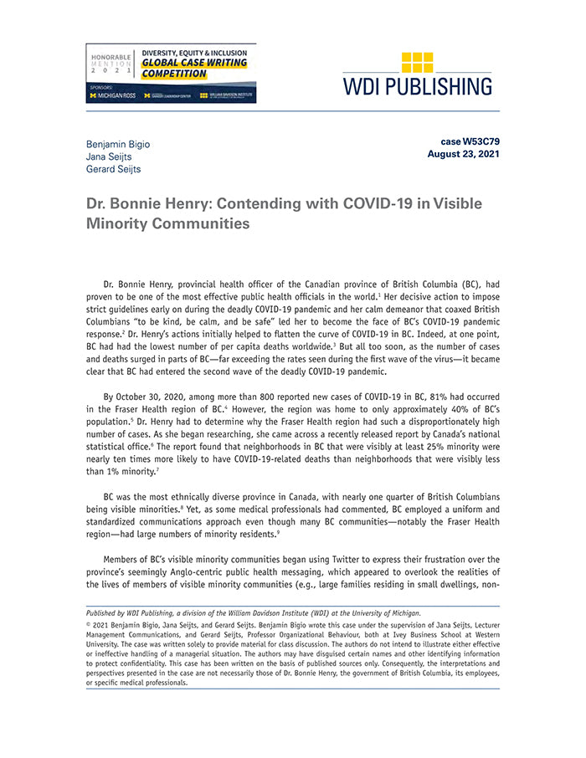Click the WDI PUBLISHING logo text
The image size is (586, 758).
[417, 86]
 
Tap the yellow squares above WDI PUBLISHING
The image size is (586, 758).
[417, 63]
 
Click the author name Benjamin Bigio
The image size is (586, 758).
[118, 144]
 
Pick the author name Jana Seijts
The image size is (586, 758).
[109, 156]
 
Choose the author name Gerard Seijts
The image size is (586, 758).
[114, 169]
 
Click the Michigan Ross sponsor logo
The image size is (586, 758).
[113, 96]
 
